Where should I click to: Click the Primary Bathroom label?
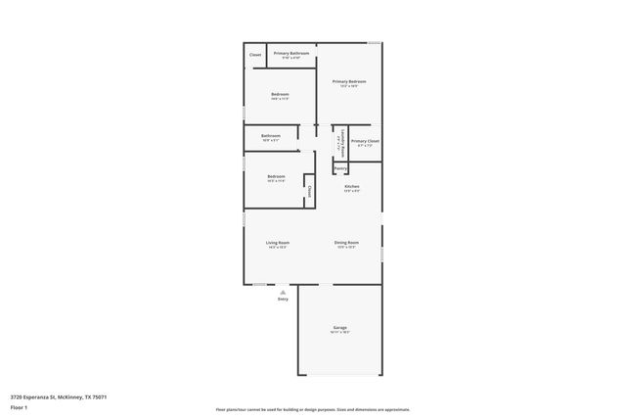291,53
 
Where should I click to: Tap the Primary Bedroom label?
349,81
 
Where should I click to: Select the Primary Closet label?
365,141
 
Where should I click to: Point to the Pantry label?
340,168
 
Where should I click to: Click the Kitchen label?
352,186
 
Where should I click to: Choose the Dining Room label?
346,242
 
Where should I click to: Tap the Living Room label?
278,242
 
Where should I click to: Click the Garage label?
339,328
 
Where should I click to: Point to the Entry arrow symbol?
283,292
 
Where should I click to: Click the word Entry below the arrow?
283,300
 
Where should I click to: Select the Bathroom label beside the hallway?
271,135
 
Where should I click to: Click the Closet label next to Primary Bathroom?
255,55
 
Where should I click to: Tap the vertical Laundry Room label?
341,141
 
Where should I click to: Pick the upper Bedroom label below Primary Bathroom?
279,94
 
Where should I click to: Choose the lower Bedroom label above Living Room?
276,176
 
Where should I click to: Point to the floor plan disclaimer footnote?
313,409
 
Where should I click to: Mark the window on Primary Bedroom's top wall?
374,43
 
